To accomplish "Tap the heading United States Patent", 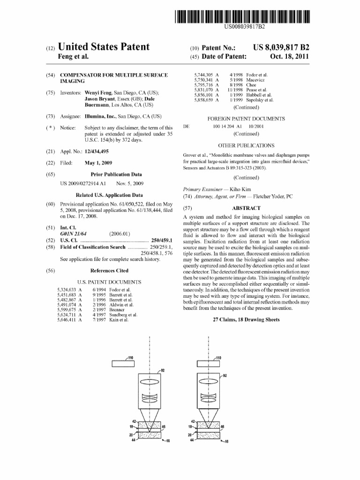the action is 103,47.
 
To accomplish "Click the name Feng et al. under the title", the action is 73,57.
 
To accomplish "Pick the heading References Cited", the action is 109,270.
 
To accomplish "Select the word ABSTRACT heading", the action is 246,208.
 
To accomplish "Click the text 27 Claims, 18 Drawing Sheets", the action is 246,320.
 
